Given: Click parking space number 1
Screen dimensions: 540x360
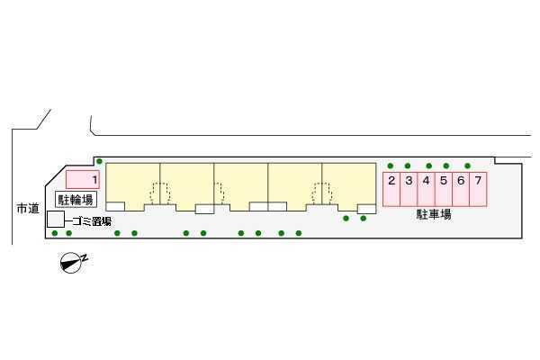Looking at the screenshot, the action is tap(83, 179).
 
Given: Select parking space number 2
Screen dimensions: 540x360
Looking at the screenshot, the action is tap(391, 189).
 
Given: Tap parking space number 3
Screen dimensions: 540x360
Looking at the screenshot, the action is tap(409, 189).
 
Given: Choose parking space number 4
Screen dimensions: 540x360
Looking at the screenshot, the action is tap(427, 189).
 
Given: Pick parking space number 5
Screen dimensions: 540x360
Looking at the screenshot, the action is tap(444, 189).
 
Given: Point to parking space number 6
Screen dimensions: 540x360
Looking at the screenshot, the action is tap(461, 189).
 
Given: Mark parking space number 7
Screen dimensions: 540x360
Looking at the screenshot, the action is tap(479, 189).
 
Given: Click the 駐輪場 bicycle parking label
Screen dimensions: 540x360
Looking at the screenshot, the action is tap(76, 200).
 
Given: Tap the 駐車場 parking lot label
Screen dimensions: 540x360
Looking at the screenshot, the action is tap(434, 214).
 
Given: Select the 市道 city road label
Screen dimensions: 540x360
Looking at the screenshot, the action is tap(28, 209).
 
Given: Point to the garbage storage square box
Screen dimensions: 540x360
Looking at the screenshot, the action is tap(56, 220).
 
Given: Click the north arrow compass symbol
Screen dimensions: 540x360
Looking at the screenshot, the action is tap(70, 263).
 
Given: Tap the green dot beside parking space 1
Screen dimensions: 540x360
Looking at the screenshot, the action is tap(100, 161).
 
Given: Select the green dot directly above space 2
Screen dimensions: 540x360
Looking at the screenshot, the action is tap(391, 166).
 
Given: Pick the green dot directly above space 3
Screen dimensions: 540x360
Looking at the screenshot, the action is tap(408, 166).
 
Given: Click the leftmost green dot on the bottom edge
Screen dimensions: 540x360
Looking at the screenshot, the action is tap(55, 233).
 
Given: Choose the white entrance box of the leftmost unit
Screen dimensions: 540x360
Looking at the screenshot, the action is tap(115, 206).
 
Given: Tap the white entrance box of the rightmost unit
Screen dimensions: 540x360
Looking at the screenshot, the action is tap(366, 209).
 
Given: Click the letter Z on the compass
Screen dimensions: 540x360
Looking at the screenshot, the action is tap(85, 257).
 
